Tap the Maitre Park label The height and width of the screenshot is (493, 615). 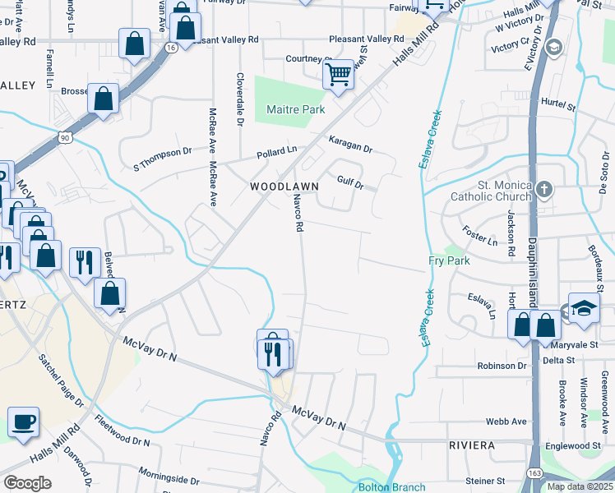coord(296,109)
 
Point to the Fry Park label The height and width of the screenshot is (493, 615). coord(448,260)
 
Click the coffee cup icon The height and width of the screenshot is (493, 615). coord(23,422)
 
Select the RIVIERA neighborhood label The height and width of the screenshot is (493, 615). coord(472,445)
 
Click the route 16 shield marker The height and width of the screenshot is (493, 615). coord(170,48)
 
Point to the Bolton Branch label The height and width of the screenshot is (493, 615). coord(391,486)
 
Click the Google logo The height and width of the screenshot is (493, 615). coord(27,483)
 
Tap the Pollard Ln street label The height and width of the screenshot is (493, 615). coord(275,152)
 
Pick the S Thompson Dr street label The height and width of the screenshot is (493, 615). coord(162,163)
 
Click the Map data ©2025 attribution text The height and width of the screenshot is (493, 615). coord(579,486)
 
